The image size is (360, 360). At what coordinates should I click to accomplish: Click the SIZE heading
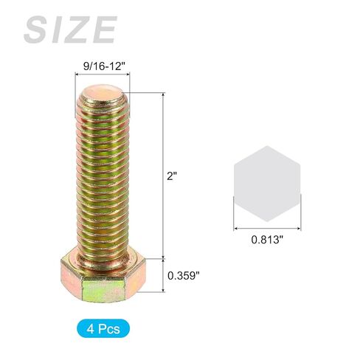(70, 30)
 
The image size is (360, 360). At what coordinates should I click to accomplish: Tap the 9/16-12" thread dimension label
(104, 66)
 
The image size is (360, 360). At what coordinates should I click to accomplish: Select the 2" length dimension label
(171, 176)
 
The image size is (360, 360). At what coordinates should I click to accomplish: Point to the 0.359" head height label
(183, 275)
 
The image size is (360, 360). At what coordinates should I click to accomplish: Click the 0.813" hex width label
(267, 239)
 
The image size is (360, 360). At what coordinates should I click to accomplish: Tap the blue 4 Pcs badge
(103, 328)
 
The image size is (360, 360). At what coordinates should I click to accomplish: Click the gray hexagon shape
(267, 184)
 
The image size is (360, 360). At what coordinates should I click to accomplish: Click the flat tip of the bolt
(102, 92)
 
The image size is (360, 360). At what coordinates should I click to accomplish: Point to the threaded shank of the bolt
(103, 177)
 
